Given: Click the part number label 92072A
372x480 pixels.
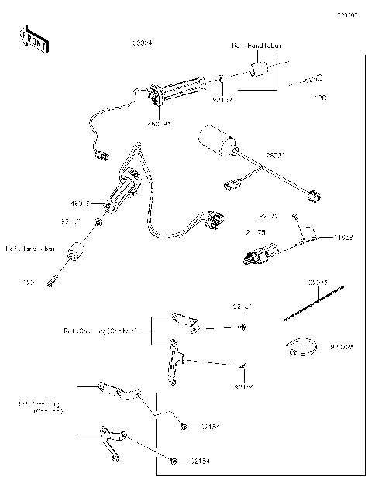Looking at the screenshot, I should pos(343,348).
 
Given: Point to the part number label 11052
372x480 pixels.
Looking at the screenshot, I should pos(343,238).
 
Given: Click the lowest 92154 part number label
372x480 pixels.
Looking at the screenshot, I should pos(199,461).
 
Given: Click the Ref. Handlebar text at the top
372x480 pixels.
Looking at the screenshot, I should pos(256,46).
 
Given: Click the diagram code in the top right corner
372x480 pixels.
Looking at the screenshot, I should pos(346,15).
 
